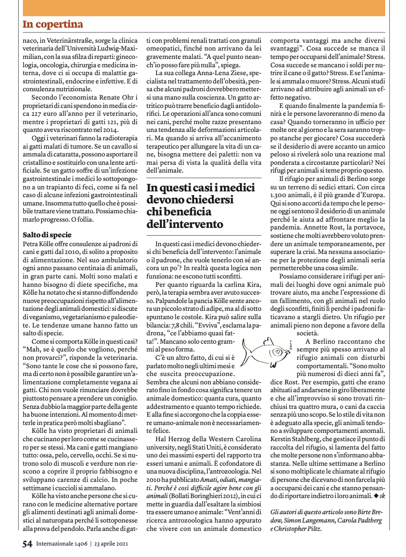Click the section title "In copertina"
click(53, 25)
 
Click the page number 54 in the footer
click(28, 544)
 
